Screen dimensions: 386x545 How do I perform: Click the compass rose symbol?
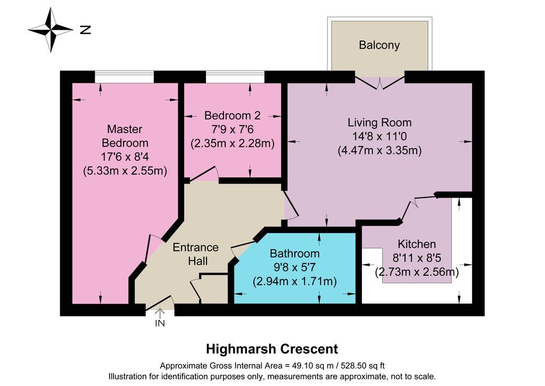coord(50,29)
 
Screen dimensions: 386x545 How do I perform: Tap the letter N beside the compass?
coord(85,30)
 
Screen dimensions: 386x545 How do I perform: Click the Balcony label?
coord(379,45)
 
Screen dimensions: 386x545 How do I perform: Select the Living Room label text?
coord(379,122)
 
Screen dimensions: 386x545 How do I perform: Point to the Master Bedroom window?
coord(125,77)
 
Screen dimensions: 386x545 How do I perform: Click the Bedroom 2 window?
coord(235,77)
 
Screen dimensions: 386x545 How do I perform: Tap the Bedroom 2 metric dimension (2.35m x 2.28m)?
coord(232,143)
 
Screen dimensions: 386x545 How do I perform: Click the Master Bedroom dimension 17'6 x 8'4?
coord(125,158)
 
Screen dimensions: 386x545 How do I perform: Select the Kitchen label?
coord(417,244)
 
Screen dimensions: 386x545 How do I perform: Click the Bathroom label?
coord(294,253)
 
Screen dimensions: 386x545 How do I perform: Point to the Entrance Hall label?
coord(195,254)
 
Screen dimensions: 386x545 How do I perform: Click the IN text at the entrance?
coord(160,323)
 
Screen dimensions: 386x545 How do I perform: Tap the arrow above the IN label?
coord(160,314)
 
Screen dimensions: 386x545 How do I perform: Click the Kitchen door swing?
coord(410,208)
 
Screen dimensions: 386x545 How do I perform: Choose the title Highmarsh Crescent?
coord(272,349)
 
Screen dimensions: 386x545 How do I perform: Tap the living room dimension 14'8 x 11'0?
coord(379,136)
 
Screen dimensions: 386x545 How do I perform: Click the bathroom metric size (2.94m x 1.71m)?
coord(294,281)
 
